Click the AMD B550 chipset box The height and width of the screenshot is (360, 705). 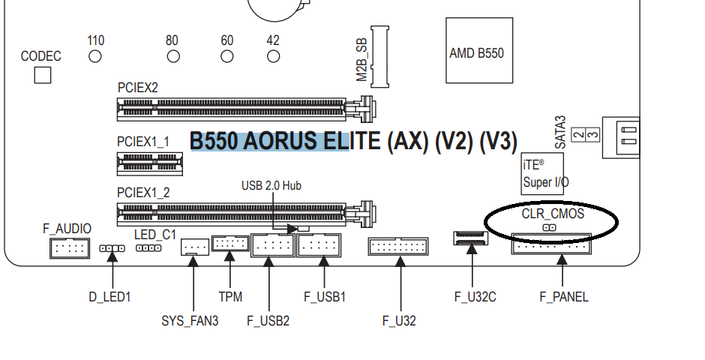tap(479, 50)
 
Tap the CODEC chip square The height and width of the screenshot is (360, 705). tap(43, 75)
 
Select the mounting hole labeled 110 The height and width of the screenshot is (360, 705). tap(95, 57)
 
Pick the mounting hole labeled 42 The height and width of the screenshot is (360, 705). tap(273, 57)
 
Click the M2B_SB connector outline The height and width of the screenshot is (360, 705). tap(380, 57)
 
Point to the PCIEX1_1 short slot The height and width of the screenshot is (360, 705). tap(150, 163)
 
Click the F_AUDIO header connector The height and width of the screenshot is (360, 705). tap(70, 247)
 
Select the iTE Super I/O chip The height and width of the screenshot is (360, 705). tap(542, 173)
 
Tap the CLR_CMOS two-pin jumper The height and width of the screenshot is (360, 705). tap(550, 228)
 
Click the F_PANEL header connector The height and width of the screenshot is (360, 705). tap(551, 244)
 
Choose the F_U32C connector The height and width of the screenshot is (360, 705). tap(470, 238)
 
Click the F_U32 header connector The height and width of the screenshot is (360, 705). tap(398, 246)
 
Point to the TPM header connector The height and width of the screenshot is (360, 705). tap(230, 243)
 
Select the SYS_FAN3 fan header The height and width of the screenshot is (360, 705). tap(195, 247)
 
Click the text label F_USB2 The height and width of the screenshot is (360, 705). tap(268, 321)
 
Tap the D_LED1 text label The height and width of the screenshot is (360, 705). tap(109, 297)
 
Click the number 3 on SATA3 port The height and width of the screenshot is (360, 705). tap(593, 134)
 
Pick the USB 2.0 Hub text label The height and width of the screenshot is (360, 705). tap(271, 185)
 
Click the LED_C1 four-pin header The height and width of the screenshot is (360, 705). tap(148, 248)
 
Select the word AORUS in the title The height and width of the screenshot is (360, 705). tap(280, 141)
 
